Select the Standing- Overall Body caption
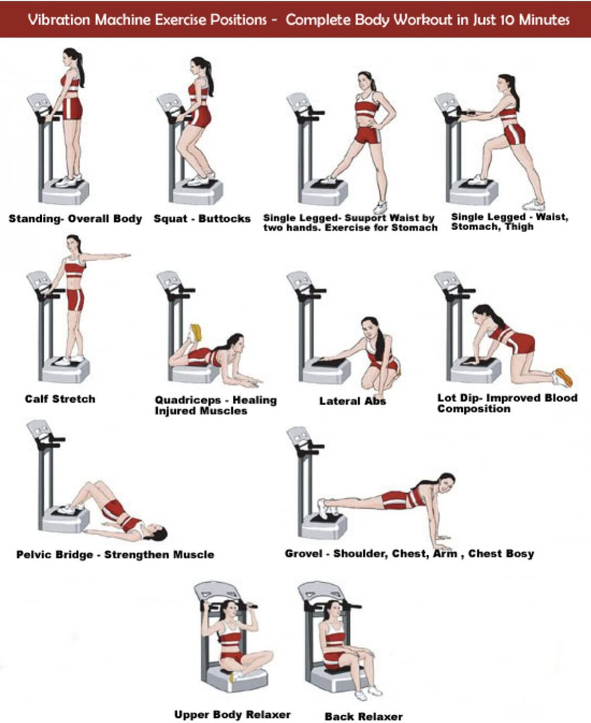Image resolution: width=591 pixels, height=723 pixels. click(x=75, y=218)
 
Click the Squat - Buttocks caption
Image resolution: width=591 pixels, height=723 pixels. click(x=202, y=218)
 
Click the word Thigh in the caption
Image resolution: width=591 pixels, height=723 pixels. click(x=519, y=226)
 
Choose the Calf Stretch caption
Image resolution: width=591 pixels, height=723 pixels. click(x=60, y=399)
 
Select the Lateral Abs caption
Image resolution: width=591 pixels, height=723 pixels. click(x=352, y=401)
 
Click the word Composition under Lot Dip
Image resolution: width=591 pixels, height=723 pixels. click(x=474, y=408)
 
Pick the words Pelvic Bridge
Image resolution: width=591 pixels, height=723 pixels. click(x=54, y=555)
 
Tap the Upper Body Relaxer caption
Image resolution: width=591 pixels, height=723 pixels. click(x=232, y=715)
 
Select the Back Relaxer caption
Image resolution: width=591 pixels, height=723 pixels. click(x=364, y=716)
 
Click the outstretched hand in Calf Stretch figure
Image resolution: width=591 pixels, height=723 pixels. click(x=123, y=255)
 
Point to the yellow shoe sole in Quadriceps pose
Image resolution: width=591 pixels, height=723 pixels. click(x=197, y=332)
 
